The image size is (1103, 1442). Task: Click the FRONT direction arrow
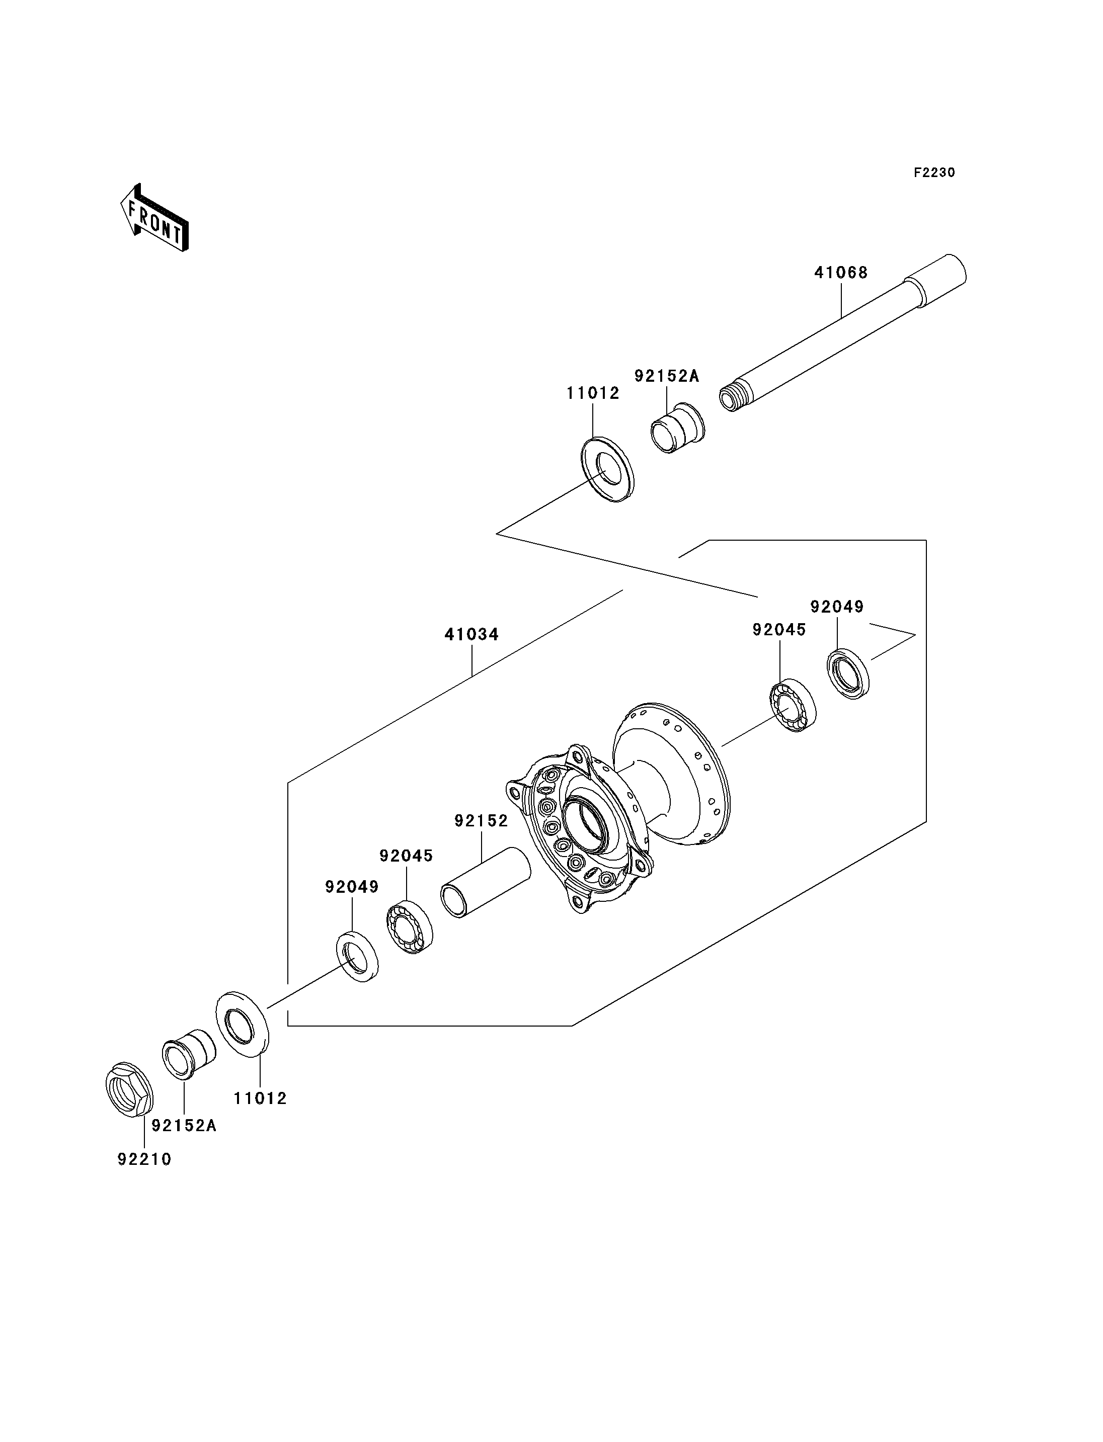tap(155, 218)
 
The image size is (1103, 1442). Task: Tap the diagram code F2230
tap(934, 173)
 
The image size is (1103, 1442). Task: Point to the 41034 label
tap(471, 635)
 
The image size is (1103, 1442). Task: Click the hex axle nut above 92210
tap(129, 1090)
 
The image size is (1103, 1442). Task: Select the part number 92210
tap(144, 1160)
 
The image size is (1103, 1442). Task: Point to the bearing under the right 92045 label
tap(793, 706)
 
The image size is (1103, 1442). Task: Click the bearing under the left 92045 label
tap(409, 929)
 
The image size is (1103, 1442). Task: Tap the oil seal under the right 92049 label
tap(847, 673)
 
